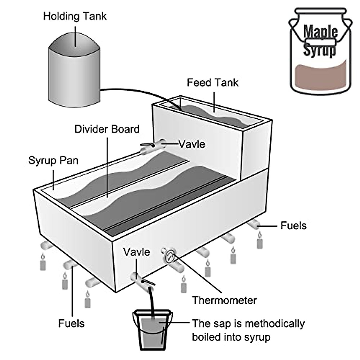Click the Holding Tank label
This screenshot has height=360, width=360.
pyautogui.click(x=75, y=16)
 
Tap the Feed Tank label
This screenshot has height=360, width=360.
pyautogui.click(x=212, y=82)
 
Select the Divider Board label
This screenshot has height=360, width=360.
pyautogui.click(x=107, y=129)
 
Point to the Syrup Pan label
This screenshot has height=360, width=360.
pyautogui.click(x=53, y=160)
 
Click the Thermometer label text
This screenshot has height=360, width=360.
pyautogui.click(x=224, y=300)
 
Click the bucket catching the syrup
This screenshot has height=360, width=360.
pyautogui.click(x=152, y=330)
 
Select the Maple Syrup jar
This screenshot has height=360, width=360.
pyautogui.click(x=319, y=51)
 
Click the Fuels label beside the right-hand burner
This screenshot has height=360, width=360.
pyautogui.click(x=293, y=226)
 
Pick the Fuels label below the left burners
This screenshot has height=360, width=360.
pyautogui.click(x=71, y=323)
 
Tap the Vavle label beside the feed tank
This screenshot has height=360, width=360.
pyautogui.click(x=192, y=144)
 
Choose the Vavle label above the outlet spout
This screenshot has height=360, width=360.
pyautogui.click(x=136, y=252)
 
